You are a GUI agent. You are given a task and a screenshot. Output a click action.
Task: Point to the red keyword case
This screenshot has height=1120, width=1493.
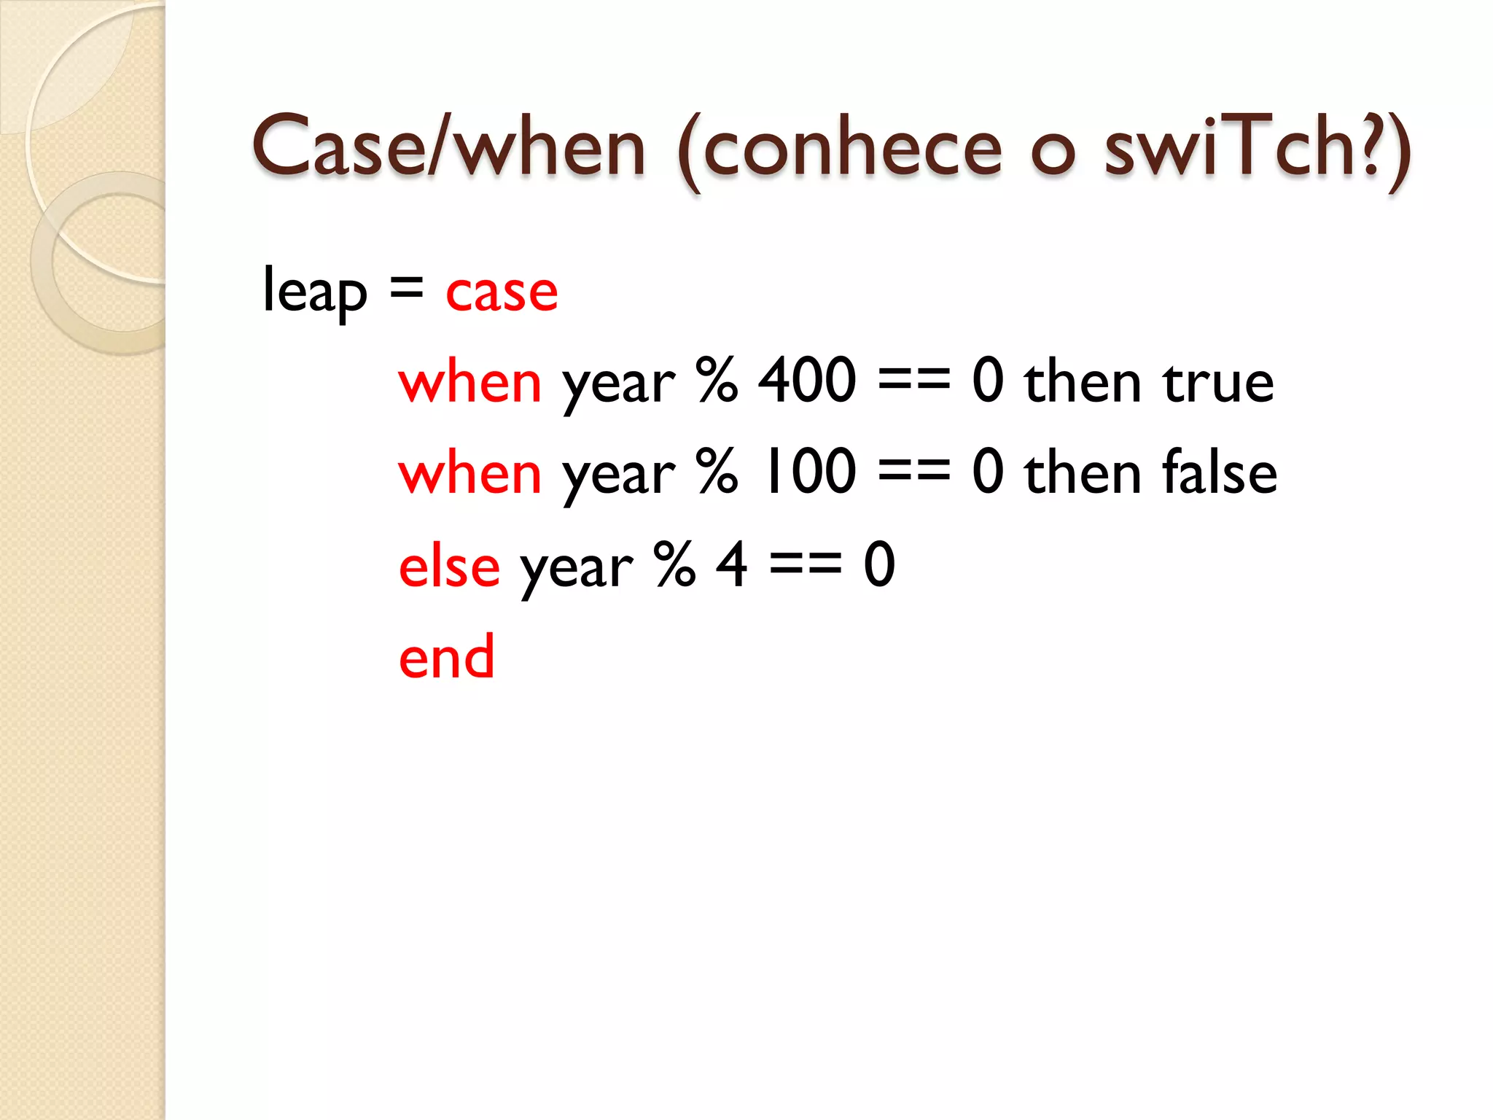[x=502, y=292]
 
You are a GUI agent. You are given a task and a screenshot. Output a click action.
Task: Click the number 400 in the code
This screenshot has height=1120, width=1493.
[x=807, y=381]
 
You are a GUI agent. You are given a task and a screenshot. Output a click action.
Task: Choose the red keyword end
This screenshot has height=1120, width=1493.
[x=446, y=657]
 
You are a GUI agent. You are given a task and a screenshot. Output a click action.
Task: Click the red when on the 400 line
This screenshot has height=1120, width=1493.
[x=470, y=381]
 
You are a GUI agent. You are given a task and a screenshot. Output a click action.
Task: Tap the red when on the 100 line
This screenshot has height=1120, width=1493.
[x=470, y=472]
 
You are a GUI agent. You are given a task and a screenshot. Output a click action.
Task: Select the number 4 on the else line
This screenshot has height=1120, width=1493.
[x=732, y=565]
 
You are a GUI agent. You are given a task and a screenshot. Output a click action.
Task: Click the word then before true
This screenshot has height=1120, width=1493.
[x=1082, y=381]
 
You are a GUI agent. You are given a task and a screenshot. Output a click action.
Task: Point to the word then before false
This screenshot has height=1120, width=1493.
[x=1082, y=472]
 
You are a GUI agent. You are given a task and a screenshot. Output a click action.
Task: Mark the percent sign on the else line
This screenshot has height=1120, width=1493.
[x=675, y=565]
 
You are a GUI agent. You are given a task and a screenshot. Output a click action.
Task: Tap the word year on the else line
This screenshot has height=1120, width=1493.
[x=576, y=569]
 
